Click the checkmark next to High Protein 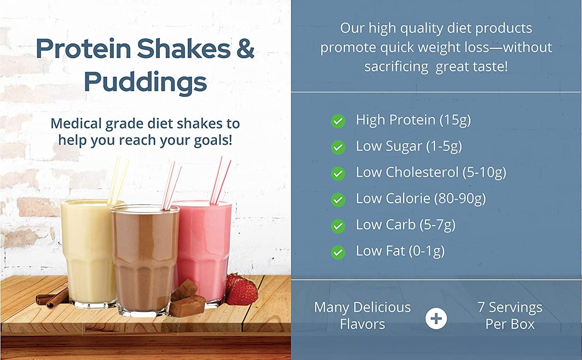click(338, 121)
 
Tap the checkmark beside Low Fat click(338, 253)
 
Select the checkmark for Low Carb click(338, 226)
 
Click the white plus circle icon click(436, 318)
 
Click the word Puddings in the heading click(145, 82)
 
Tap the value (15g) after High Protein click(455, 120)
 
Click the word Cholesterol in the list click(422, 172)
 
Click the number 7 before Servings click(481, 307)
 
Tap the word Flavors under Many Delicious click(362, 324)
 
